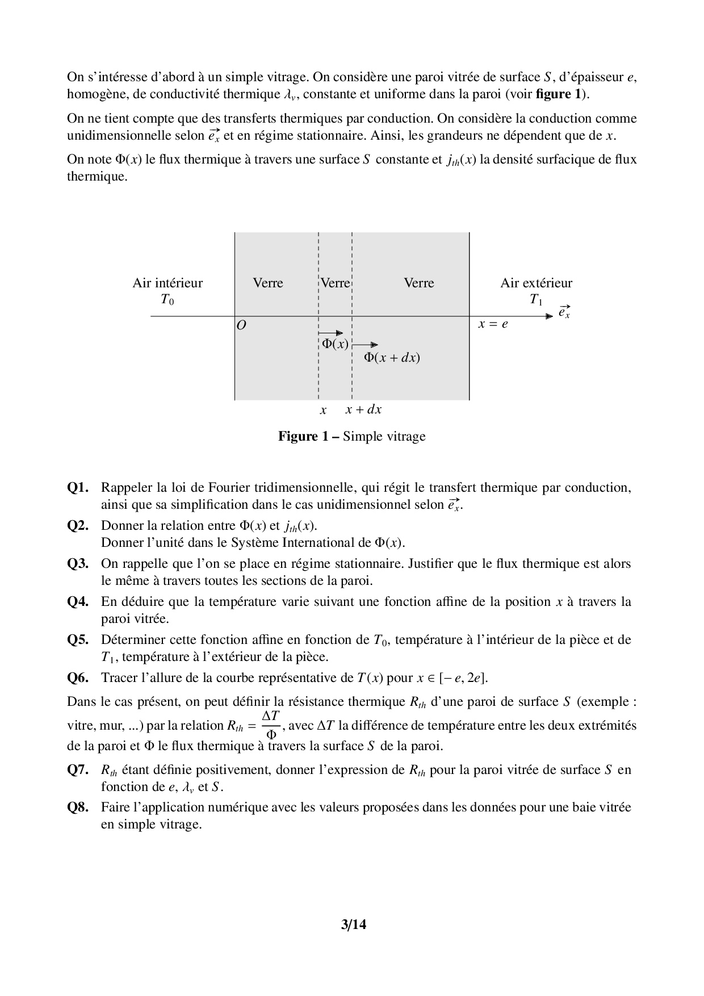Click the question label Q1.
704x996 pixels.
pos(78,488)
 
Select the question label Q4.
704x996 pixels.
pos(78,602)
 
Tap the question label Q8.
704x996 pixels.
pos(78,807)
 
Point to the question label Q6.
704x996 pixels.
pos(78,678)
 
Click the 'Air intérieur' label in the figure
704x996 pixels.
pos(167,283)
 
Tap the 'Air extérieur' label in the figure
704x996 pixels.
pos(536,283)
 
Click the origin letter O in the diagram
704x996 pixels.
pos(241,326)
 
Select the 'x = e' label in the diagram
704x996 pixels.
pos(493,324)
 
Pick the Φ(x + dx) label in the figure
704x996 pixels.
pos(392,358)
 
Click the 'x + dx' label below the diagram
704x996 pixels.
pos(363,409)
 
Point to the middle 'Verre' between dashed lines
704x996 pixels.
pos(336,283)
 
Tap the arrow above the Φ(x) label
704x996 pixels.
pos(330,333)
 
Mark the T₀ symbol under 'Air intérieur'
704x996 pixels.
pos(167,300)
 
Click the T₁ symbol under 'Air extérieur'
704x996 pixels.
pos(536,300)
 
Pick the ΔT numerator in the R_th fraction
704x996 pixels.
pos(271,717)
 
